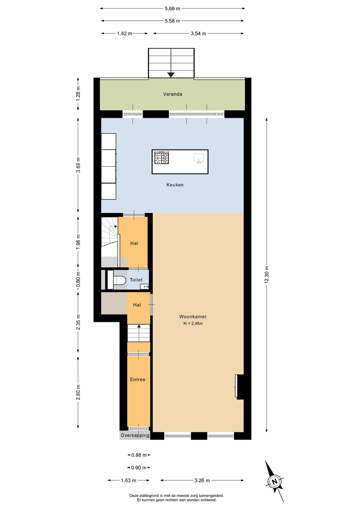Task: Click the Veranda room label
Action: (x=172, y=94)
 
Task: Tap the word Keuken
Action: (x=175, y=185)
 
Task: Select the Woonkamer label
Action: (x=193, y=317)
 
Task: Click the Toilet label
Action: (x=136, y=280)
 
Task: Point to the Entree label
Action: (x=138, y=380)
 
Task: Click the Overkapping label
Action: (x=135, y=435)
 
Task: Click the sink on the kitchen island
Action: (x=199, y=158)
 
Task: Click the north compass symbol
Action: (x=275, y=482)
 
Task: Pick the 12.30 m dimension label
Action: (x=267, y=275)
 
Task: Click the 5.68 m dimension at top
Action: (x=172, y=8)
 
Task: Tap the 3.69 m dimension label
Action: (x=78, y=165)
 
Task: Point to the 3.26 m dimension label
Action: (x=202, y=480)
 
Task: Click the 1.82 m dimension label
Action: (x=124, y=33)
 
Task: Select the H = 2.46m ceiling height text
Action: (x=193, y=323)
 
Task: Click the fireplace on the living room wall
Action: (x=239, y=387)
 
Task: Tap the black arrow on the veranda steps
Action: (x=171, y=75)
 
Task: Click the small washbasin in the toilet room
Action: (x=146, y=286)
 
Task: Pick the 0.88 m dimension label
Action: (x=139, y=455)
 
